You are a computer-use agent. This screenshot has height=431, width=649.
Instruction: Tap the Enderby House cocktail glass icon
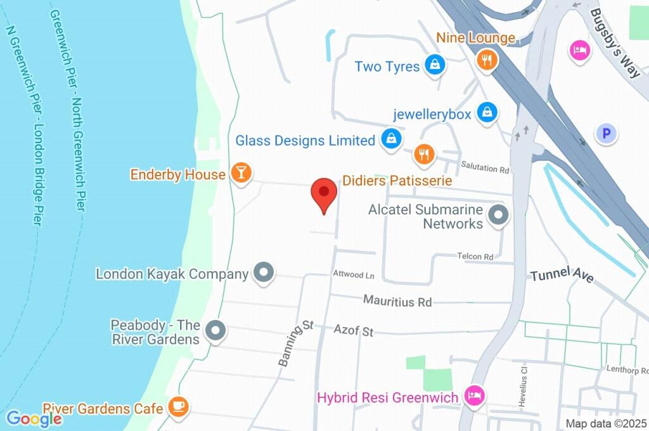tap(241, 174)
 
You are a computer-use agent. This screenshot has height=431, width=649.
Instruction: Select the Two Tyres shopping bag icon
tap(435, 65)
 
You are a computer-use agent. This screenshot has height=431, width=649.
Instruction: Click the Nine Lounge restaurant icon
tap(486, 60)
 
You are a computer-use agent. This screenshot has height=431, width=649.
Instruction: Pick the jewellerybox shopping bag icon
tap(486, 113)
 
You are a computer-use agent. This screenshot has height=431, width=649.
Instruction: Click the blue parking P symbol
tap(607, 134)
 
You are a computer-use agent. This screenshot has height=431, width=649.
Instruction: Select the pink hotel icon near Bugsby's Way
tap(579, 50)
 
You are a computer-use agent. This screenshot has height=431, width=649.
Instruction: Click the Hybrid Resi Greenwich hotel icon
tap(473, 397)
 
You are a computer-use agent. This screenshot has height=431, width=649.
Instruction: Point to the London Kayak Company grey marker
tap(263, 273)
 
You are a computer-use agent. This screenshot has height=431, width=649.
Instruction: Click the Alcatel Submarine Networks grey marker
tap(499, 215)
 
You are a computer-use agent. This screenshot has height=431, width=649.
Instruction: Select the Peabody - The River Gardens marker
tap(216, 331)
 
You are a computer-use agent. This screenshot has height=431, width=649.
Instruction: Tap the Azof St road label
tap(354, 331)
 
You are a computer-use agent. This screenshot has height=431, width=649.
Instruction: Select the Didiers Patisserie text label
tap(397, 181)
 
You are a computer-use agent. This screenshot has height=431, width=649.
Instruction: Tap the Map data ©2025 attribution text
tap(605, 423)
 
